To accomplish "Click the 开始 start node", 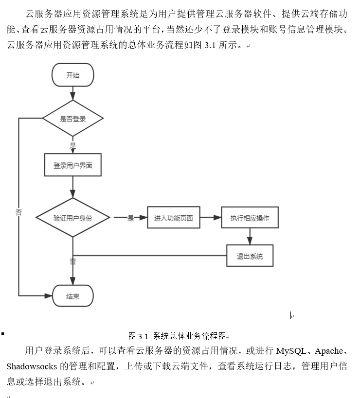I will (x=72, y=75).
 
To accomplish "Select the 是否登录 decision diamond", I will (x=72, y=119).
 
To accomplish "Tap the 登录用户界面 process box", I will (x=72, y=166).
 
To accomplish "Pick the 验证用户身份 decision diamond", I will (x=72, y=218).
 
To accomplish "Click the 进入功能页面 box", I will (x=173, y=218).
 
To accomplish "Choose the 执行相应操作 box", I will (x=250, y=218).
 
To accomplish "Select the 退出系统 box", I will (x=250, y=256).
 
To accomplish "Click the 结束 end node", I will (x=72, y=296).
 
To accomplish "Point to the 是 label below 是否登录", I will (x=73, y=146).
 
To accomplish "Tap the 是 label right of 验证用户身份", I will (x=130, y=218).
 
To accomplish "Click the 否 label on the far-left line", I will (x=18, y=212).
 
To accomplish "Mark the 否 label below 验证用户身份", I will (x=73, y=261).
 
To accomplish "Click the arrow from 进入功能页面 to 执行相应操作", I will (x=210, y=218).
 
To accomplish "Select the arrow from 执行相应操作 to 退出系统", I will (x=250, y=237).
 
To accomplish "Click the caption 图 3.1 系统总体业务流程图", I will (x=177, y=336).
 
